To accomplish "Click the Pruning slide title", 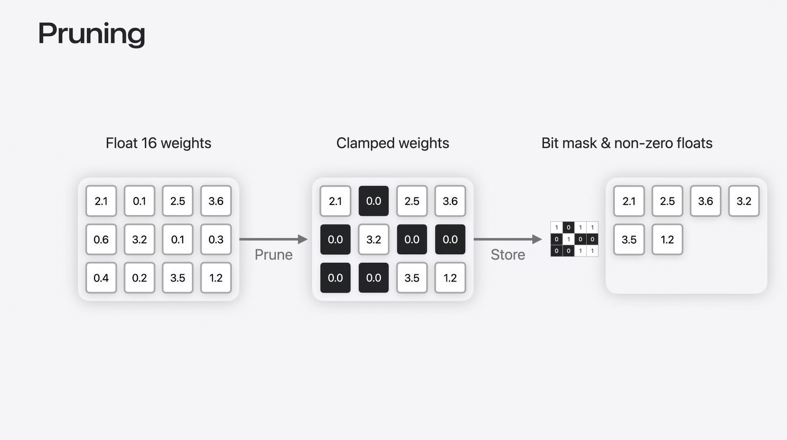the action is [x=91, y=34].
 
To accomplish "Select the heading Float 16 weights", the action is [x=159, y=144].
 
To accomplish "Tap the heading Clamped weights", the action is [x=392, y=144].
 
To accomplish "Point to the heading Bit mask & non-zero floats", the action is [x=627, y=144].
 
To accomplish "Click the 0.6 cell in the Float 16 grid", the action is [x=101, y=239].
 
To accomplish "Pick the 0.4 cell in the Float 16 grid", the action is [x=101, y=278].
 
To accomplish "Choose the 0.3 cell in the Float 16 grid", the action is [x=216, y=239].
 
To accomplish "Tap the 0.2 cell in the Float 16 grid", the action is [x=139, y=278].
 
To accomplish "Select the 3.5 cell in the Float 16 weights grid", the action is [x=178, y=278].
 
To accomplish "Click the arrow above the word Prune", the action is [x=274, y=239].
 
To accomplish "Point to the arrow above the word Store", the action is [x=508, y=239].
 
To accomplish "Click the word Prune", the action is [x=274, y=255].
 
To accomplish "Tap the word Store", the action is [x=508, y=255].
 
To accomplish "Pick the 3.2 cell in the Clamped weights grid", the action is [x=374, y=239].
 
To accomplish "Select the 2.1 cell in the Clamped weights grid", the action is [x=335, y=201].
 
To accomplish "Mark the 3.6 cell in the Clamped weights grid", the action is [x=450, y=201].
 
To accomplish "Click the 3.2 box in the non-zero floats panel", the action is [x=743, y=201].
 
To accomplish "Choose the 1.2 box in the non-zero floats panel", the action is [x=667, y=239].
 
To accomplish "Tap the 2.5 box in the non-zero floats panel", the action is [x=667, y=201].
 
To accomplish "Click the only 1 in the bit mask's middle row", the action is [x=568, y=239].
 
